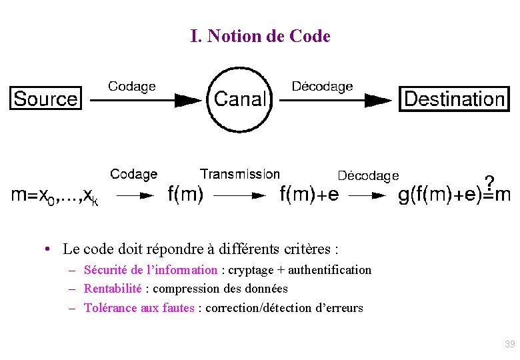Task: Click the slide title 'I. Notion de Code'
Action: click(x=260, y=36)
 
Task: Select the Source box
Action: click(x=45, y=99)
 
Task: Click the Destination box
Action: click(x=455, y=99)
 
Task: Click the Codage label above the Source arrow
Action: click(x=132, y=86)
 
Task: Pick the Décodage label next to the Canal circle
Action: click(x=323, y=87)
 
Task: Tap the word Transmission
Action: click(x=240, y=174)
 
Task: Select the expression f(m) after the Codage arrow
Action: click(x=186, y=195)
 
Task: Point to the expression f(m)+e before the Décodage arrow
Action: click(x=309, y=195)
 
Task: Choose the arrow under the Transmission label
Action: click(x=239, y=195)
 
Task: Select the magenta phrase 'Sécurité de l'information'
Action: click(x=151, y=270)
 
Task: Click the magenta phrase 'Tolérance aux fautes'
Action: click(x=139, y=308)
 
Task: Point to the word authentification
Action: click(x=329, y=270)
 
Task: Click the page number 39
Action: click(x=510, y=344)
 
